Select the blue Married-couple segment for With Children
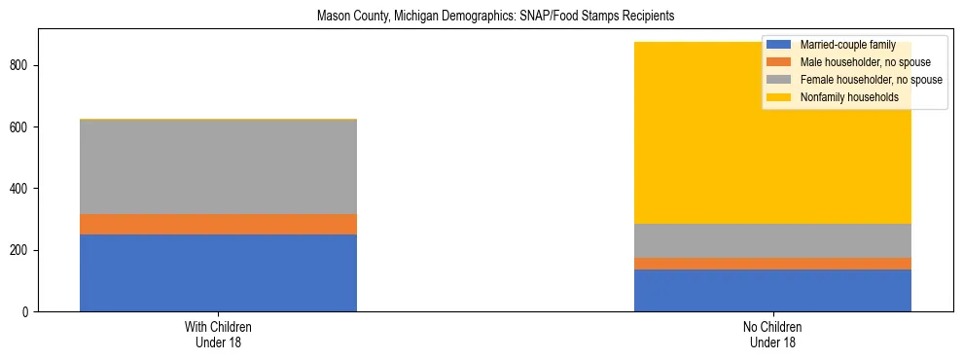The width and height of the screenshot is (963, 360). point(218,272)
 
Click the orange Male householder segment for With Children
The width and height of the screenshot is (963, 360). point(218,224)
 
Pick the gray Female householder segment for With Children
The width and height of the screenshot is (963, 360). point(218,166)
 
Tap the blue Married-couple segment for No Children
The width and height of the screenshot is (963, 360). point(772,290)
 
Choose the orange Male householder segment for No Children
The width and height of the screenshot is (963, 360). point(772,264)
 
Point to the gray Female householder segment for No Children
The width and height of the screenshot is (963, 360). point(772,240)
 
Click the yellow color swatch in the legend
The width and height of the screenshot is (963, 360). point(779,97)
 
